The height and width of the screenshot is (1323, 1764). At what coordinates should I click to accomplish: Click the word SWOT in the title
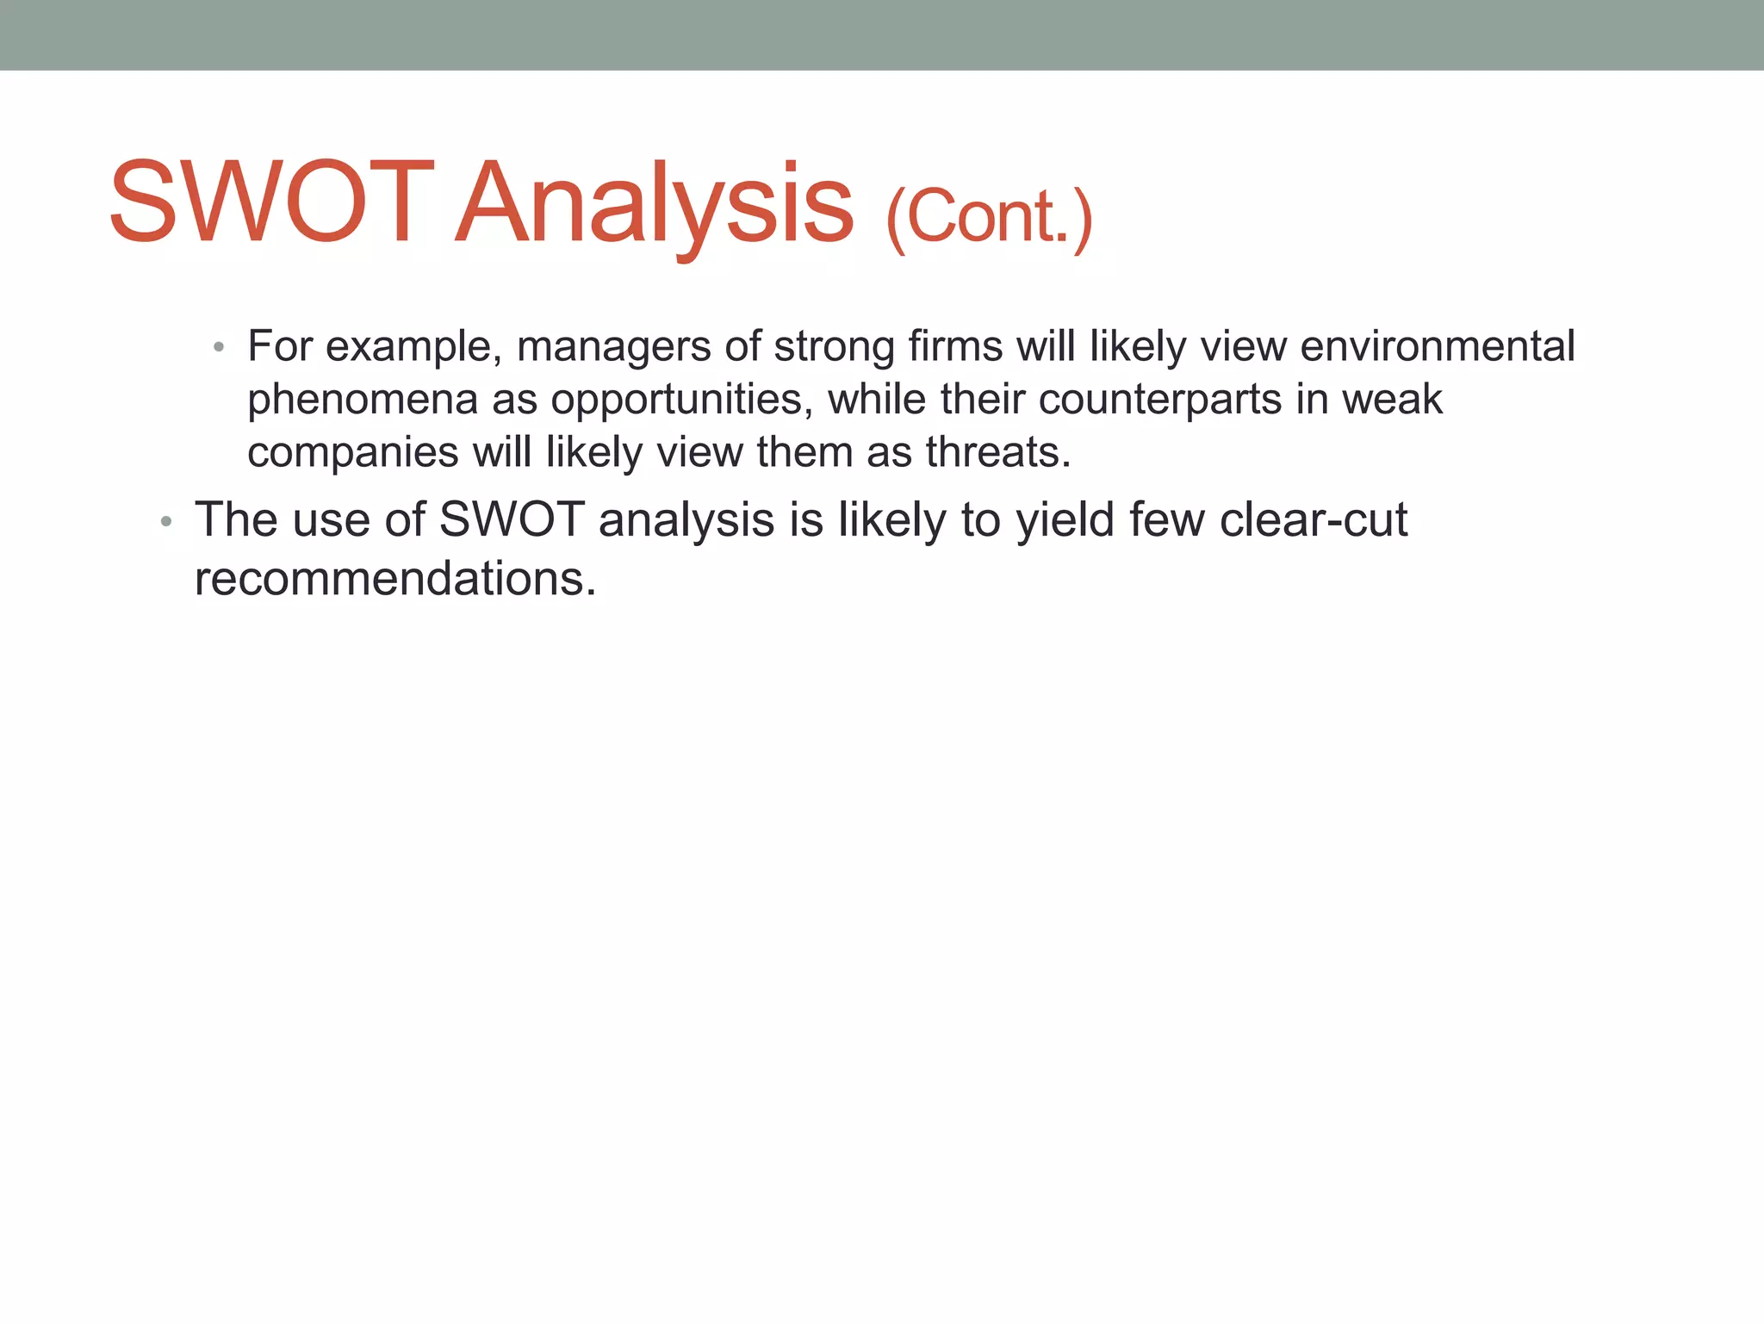point(271,203)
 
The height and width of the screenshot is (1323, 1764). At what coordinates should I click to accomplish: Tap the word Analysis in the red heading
point(655,207)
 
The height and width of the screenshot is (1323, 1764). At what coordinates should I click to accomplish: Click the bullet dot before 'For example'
point(219,347)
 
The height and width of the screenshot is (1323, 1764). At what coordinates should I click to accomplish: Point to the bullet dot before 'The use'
point(166,522)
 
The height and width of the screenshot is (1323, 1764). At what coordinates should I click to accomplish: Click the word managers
point(613,347)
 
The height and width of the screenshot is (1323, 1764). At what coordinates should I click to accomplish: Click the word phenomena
point(362,401)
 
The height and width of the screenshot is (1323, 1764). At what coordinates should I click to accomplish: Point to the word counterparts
point(1160,401)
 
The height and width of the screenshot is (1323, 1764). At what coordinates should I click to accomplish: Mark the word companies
point(353,453)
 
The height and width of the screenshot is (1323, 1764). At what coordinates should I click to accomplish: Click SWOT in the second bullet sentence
point(512,520)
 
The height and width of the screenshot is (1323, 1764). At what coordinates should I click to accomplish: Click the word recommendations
point(395,579)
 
